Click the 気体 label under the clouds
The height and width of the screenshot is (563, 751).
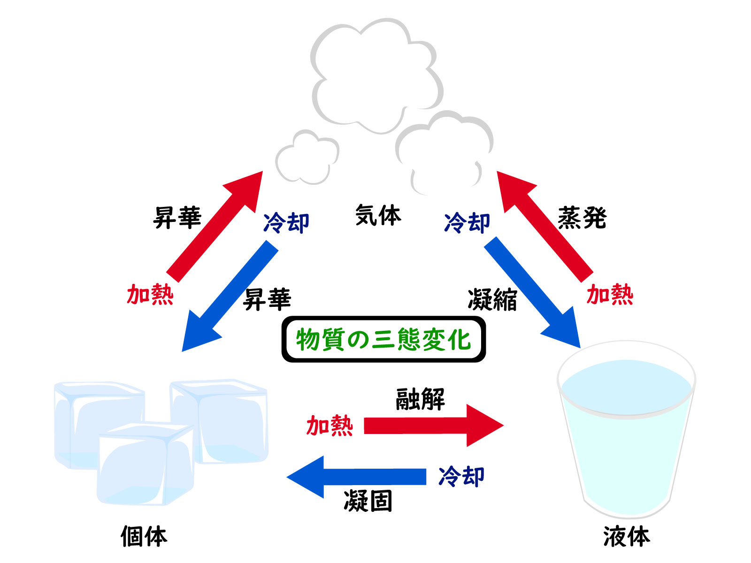378,215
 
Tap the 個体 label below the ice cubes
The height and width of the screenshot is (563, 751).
144,536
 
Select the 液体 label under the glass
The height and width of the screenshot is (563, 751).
626,536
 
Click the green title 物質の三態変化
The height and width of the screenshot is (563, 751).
383,339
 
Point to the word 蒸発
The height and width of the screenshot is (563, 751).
582,218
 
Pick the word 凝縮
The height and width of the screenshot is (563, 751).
492,300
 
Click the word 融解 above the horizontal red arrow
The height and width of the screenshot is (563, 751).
420,399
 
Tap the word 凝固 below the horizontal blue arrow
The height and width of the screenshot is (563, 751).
368,501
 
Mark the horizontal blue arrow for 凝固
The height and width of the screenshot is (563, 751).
357,477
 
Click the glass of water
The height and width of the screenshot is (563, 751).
626,432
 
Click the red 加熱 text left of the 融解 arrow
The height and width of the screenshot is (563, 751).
330,426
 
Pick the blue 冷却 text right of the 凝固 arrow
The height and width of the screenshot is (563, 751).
461,477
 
